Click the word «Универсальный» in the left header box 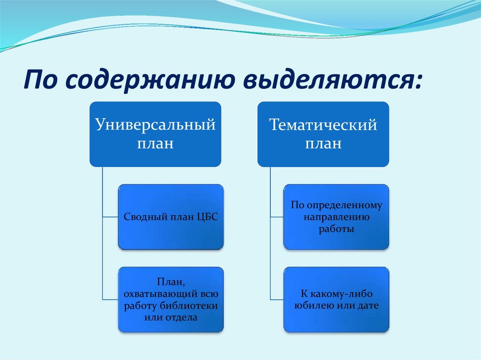point(155,124)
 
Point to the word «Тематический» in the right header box point(323,125)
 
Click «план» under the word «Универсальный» point(155,143)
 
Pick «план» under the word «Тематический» point(323,143)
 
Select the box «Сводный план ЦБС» point(171,217)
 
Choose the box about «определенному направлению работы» point(336,217)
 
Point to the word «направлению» point(336,217)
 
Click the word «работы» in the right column point(336,229)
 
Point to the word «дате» point(368,306)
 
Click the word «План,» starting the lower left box point(171,282)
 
